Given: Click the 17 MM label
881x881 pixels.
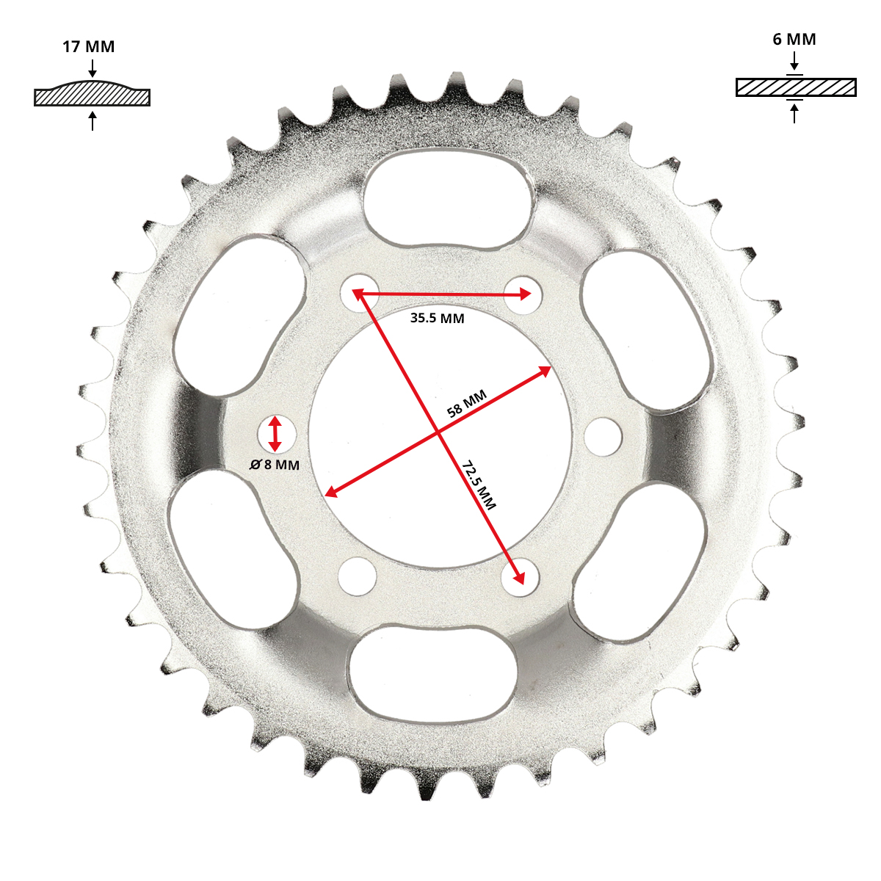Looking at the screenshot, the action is tap(88, 47).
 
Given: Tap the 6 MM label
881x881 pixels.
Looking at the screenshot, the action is tap(794, 40).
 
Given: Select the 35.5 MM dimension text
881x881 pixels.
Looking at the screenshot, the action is tap(437, 318).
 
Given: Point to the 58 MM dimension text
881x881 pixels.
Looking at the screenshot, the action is tap(466, 404).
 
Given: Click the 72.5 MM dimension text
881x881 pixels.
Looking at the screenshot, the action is tap(479, 485).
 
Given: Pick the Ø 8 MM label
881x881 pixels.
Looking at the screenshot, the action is tap(275, 465).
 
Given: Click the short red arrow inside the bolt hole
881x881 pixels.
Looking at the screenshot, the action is tap(275, 433).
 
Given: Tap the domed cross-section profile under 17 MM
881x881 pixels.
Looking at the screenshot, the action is tap(93, 93).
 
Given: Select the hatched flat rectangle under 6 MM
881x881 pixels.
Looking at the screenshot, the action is tap(796, 87).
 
